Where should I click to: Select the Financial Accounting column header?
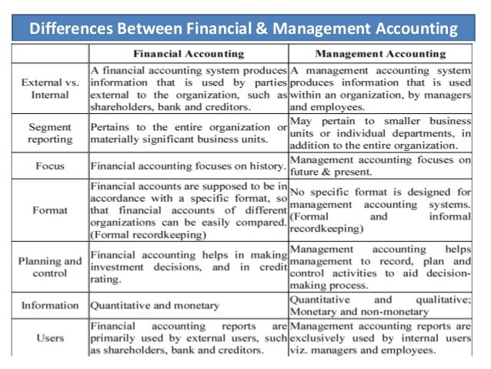[189, 55]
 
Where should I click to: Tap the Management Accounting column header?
[379, 55]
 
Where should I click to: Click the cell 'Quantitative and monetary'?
[154, 304]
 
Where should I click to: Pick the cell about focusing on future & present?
[379, 166]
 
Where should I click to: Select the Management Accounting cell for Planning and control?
[379, 267]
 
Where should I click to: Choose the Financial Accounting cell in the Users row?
[189, 337]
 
